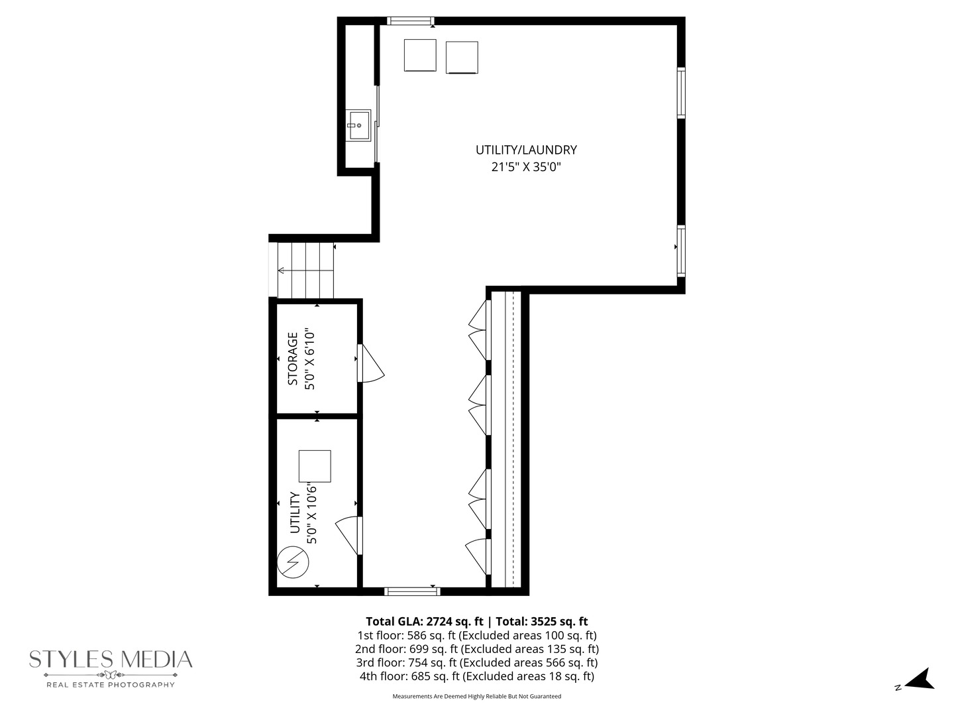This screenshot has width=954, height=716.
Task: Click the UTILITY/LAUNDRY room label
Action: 526,150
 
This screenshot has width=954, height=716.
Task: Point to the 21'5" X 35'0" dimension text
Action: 526,168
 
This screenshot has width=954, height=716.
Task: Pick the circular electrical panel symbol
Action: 293,562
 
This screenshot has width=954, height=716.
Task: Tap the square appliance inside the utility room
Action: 315,466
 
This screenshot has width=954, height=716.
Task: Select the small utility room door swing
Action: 348,534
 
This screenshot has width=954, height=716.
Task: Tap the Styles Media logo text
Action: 111,660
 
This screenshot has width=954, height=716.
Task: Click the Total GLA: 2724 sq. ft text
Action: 424,622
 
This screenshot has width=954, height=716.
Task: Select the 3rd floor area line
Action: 477,662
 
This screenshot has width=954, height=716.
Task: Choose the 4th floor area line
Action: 477,676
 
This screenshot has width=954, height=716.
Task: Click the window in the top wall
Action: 410,21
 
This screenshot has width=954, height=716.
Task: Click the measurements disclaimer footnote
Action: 477,697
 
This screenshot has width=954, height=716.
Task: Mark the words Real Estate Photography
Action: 111,684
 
